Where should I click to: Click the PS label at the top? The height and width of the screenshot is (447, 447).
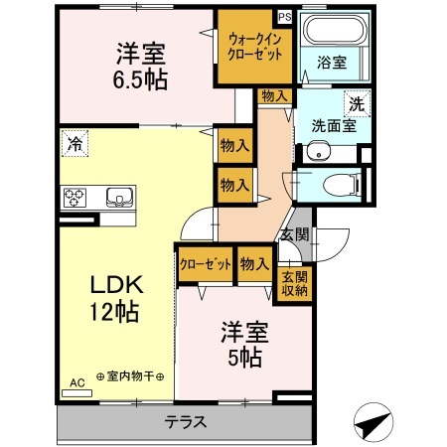coord(285,17)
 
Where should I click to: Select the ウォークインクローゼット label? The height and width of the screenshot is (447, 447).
coord(256,46)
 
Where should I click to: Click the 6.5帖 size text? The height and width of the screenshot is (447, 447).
coord(138,78)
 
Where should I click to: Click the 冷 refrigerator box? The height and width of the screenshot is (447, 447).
coord(74,144)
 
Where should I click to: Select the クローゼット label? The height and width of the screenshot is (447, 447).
coord(206,264)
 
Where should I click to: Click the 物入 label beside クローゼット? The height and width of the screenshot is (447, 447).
coord(255,264)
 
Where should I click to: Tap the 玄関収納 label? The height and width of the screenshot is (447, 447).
coord(294,284)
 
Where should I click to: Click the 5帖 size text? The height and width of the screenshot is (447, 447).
coord(242,359)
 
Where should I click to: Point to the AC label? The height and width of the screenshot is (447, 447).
coord(76,380)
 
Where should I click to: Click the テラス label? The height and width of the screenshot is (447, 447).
coord(186,421)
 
